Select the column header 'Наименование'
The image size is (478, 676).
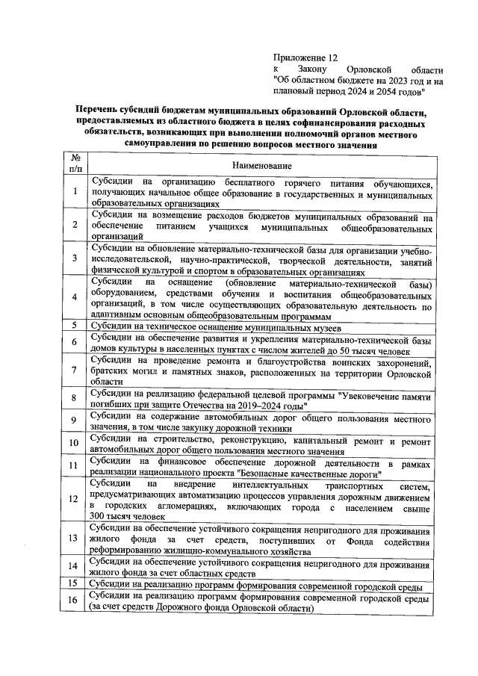[261, 165]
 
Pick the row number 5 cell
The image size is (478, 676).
[75, 327]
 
